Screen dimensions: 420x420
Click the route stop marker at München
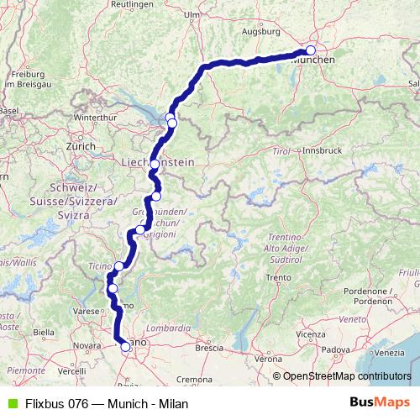pos(311,50)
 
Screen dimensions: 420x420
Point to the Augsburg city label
pos(260,32)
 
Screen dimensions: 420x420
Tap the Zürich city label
pos(81,145)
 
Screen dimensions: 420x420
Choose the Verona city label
pos(265,359)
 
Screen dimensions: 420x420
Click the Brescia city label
pos(209,347)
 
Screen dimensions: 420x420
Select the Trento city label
pos(278,277)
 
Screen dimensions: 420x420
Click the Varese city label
pos(86,312)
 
